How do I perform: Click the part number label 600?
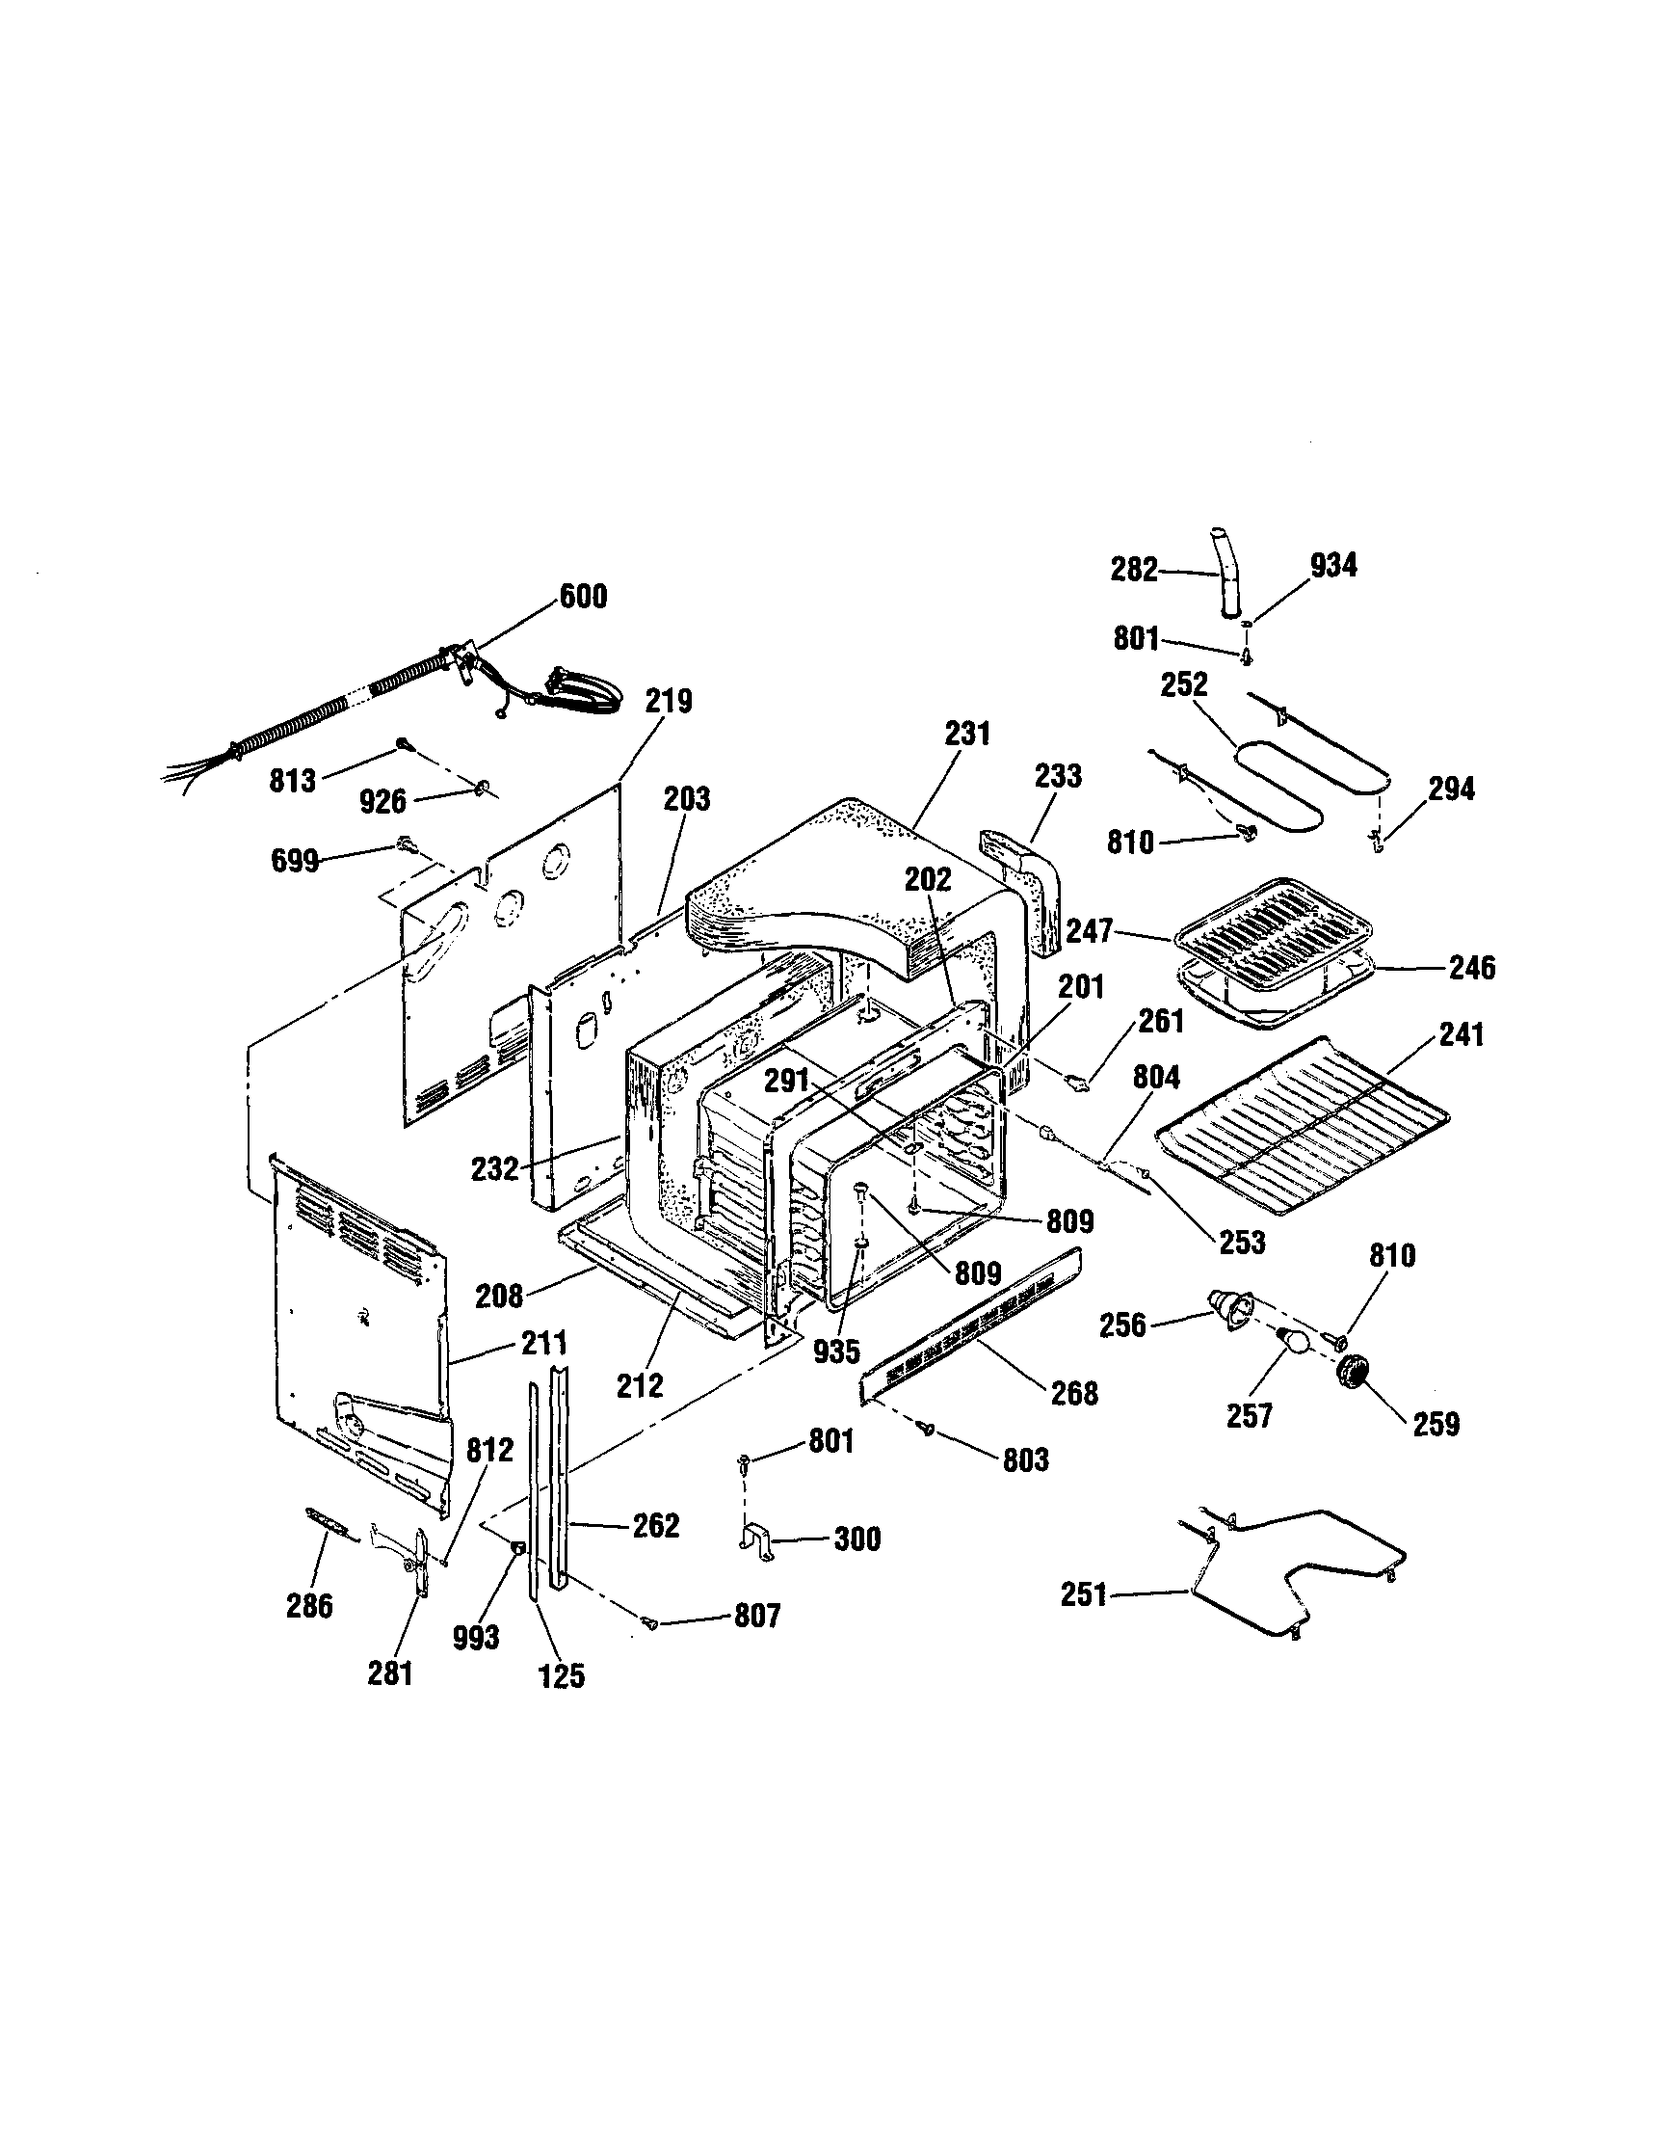(x=583, y=596)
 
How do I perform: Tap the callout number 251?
(x=1084, y=1595)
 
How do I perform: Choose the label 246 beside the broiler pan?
(x=1472, y=969)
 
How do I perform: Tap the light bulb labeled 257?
(x=1292, y=1340)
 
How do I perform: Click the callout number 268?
(x=1074, y=1393)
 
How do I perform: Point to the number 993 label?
(x=477, y=1637)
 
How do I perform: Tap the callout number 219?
(x=670, y=702)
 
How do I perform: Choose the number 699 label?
(x=295, y=862)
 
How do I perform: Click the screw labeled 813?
(x=403, y=744)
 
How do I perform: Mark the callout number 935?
(x=836, y=1352)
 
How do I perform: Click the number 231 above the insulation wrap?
(x=967, y=734)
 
